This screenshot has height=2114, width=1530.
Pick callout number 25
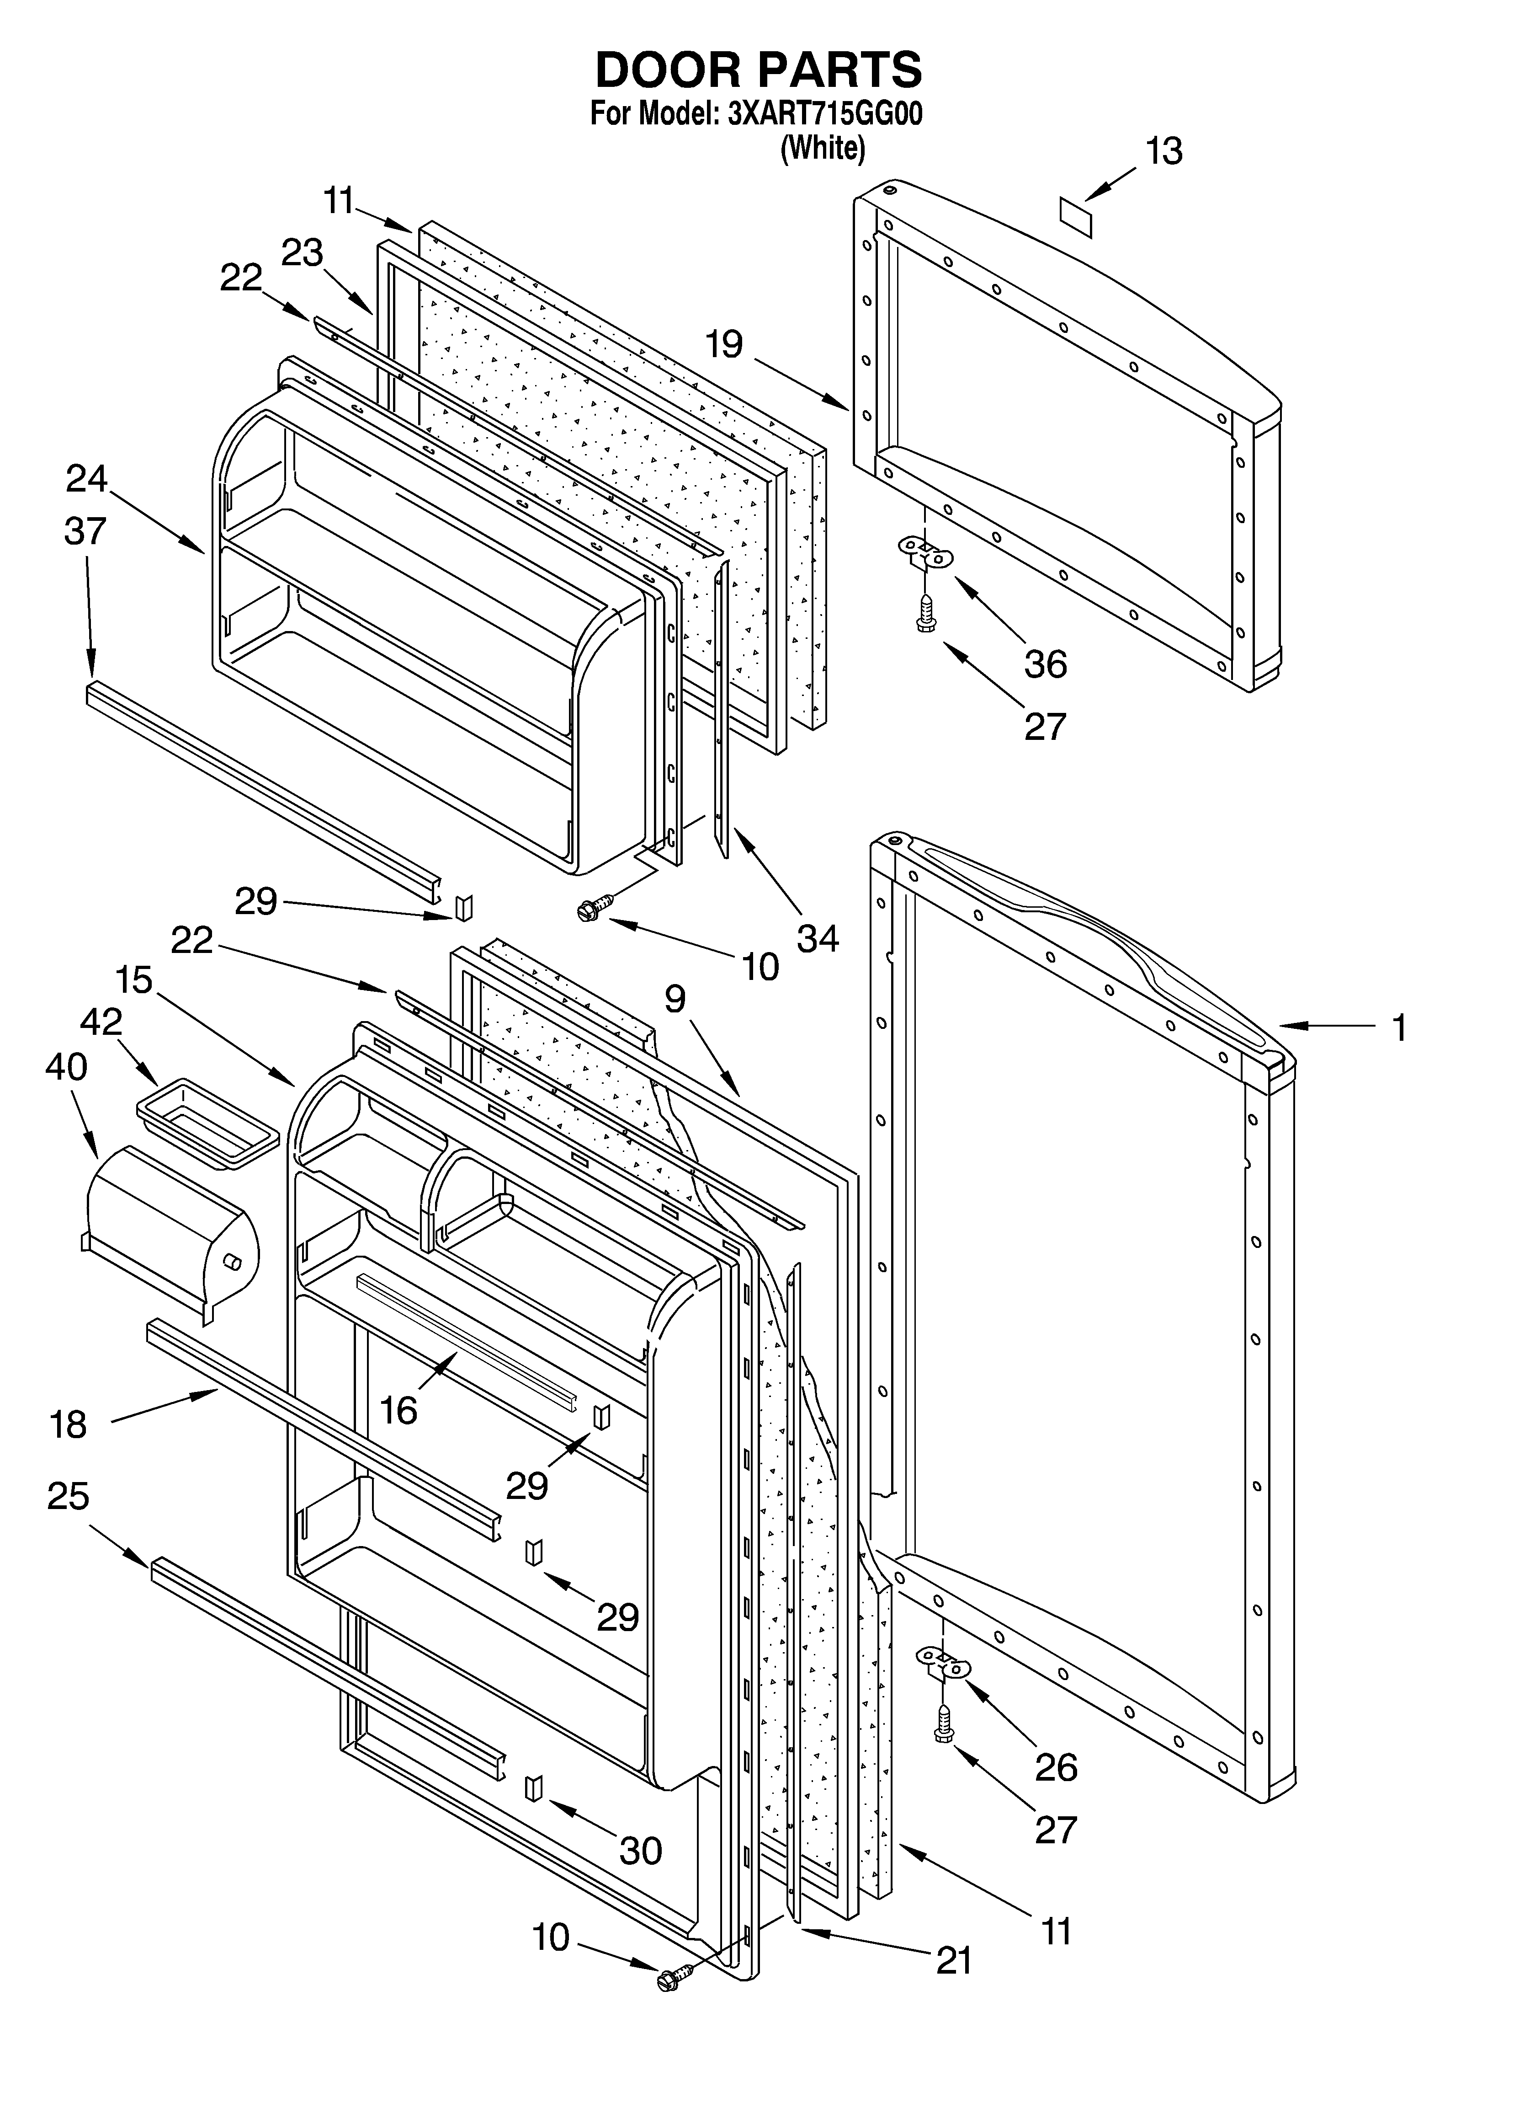pos(68,1496)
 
